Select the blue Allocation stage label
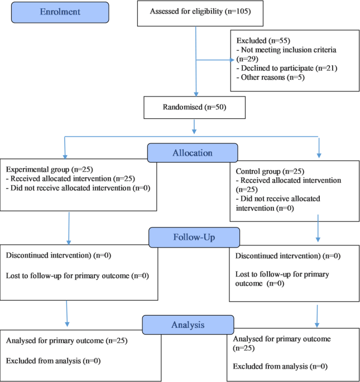pos(193,152)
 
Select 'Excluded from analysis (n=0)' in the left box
pos(53,361)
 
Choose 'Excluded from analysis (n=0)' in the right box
pos(280,366)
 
